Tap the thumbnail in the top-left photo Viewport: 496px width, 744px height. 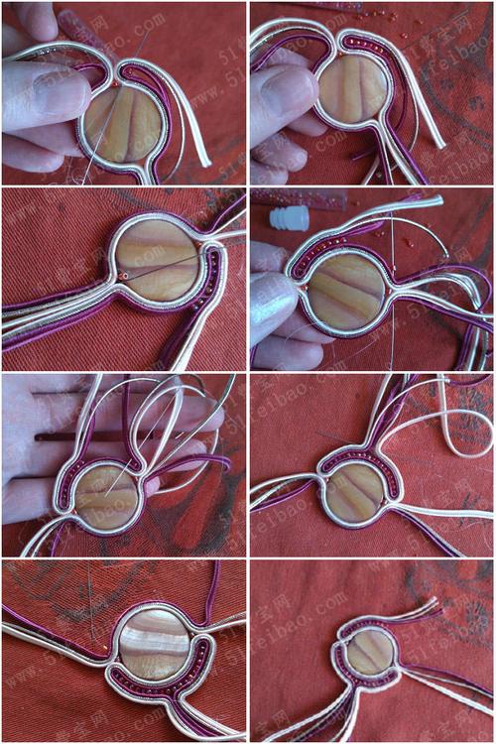pyautogui.click(x=40, y=94)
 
